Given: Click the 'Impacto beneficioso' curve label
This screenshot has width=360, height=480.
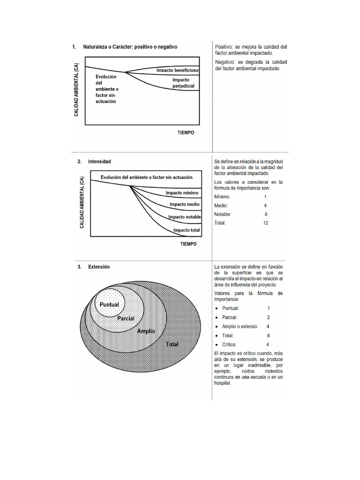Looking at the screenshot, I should coord(178,70).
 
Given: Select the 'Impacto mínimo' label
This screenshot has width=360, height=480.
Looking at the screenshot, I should coord(182,193).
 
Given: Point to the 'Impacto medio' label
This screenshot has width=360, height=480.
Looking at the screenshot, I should coord(184,204).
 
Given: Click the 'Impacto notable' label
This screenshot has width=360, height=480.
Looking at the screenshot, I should coord(185,217).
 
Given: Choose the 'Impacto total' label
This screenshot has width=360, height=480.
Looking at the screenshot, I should coord(187,230).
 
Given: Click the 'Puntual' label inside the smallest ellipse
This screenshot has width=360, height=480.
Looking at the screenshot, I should coord(109,304).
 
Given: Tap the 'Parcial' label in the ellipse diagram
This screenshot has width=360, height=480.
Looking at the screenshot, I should coord(126,318).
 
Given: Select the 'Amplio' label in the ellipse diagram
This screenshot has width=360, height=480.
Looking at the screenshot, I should coord(146,331).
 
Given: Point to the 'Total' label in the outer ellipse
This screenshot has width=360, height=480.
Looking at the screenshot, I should coord(172,344).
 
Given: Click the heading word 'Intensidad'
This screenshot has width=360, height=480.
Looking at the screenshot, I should coord(99,161).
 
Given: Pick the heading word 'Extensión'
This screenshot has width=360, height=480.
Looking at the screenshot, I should coord(99,267).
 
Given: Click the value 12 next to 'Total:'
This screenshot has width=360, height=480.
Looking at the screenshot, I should coord(265,223).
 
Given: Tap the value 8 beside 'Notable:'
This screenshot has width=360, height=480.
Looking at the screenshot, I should coord(266,214).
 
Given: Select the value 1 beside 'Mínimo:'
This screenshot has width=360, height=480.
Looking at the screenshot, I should coord(265,197).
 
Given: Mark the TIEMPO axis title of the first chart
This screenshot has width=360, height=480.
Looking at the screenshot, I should coord(186,133).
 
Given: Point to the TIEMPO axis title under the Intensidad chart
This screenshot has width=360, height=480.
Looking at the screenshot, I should coord(188,244).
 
